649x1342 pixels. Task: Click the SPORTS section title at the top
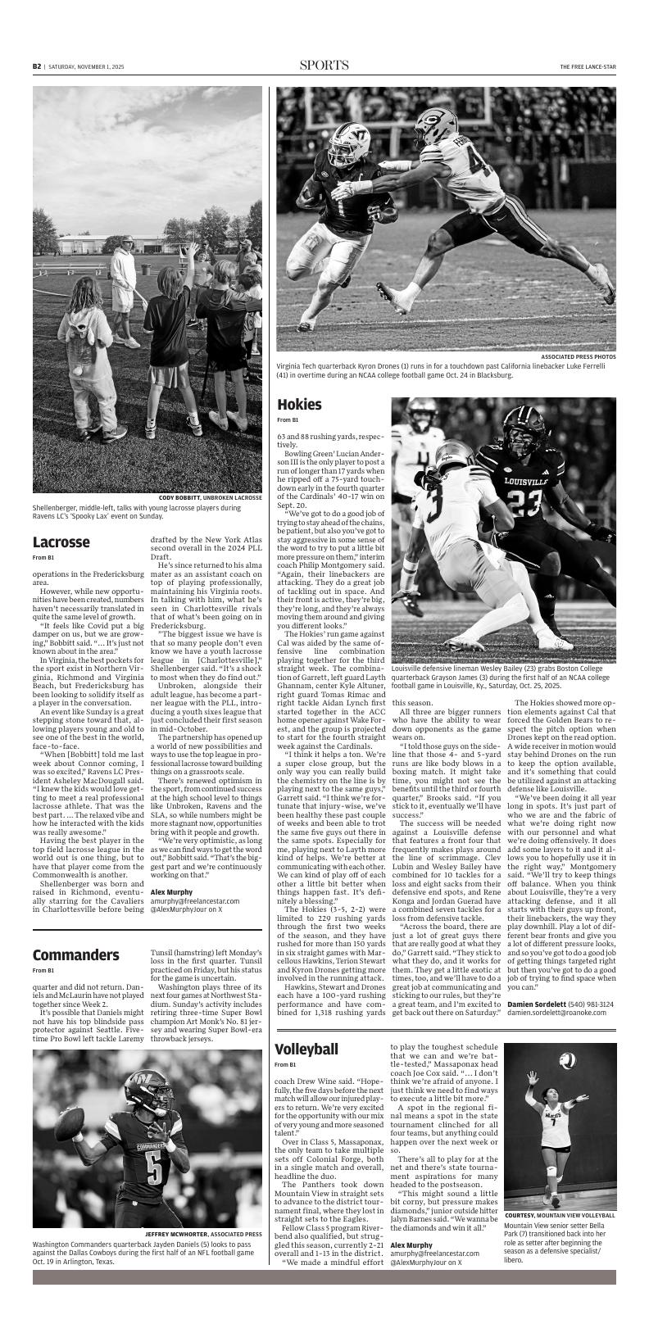(x=324, y=66)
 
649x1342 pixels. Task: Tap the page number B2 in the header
(x=37, y=66)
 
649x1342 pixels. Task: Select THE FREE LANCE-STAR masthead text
(x=588, y=66)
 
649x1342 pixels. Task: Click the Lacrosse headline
(x=61, y=542)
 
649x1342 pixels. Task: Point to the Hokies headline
(x=299, y=405)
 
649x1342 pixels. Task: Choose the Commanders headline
(x=76, y=955)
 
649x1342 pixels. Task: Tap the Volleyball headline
(x=306, y=1050)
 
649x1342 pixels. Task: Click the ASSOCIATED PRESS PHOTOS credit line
(x=579, y=357)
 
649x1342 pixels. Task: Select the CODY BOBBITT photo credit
(x=179, y=497)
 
